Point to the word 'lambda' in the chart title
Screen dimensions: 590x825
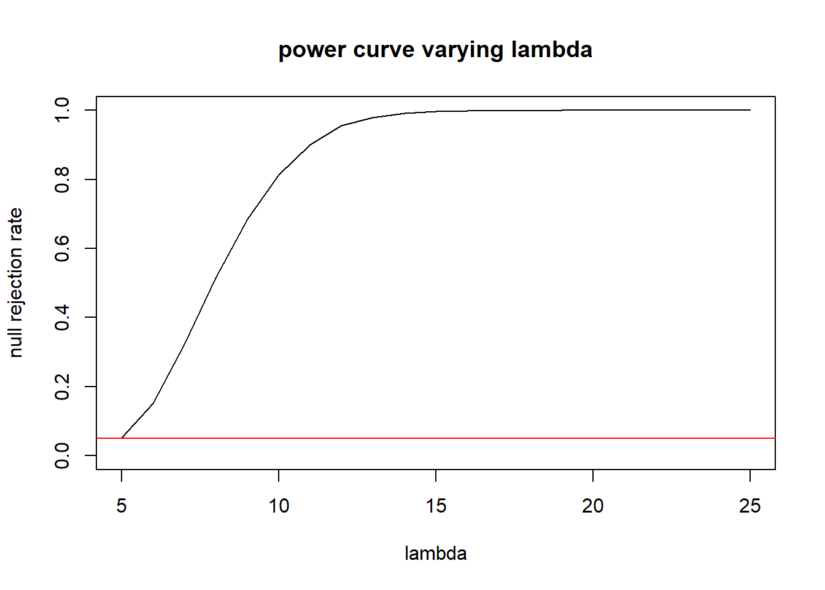[551, 50]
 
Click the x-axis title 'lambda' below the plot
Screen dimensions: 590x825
[435, 554]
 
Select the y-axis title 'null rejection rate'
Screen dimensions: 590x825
[16, 283]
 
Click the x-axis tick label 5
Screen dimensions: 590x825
[122, 506]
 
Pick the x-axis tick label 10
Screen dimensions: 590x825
[279, 506]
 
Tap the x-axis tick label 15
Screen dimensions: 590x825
[436, 506]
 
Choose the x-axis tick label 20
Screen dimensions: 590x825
[593, 506]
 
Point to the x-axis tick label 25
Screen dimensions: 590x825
[750, 506]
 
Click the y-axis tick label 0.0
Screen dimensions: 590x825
[62, 455]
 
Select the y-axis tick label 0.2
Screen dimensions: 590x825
[62, 387]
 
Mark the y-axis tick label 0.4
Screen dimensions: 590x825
[62, 317]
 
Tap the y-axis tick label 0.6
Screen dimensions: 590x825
[62, 248]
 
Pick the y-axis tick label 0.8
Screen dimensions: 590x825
[62, 179]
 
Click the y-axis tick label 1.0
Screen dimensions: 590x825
[62, 110]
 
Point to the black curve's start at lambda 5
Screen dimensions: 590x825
[122, 438]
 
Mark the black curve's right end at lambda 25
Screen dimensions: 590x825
[749, 110]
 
